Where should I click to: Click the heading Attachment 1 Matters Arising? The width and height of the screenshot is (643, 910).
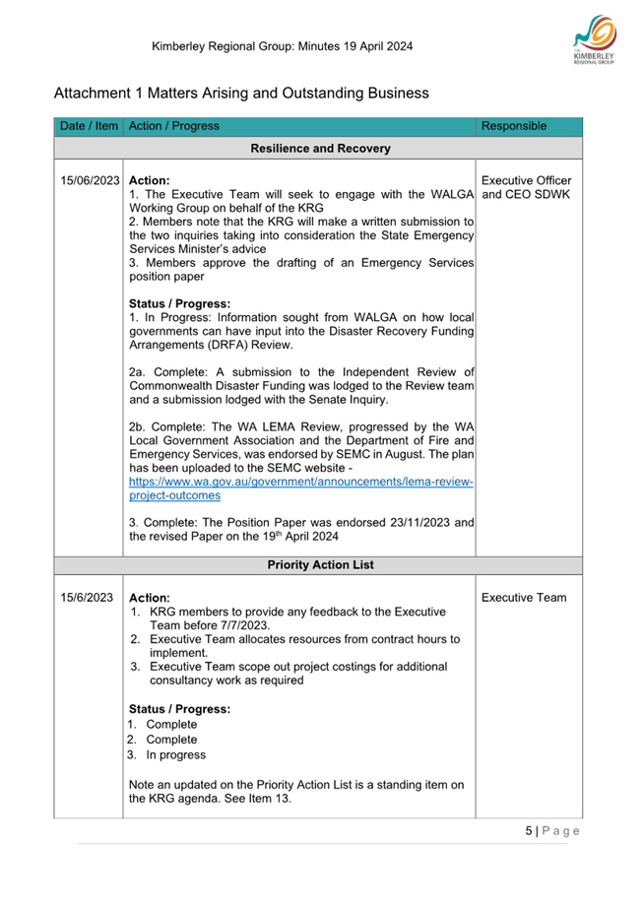241,93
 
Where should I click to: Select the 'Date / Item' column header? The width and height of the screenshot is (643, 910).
89,126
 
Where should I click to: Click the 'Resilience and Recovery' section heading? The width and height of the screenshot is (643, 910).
320,149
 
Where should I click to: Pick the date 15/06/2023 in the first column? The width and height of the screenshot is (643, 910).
90,181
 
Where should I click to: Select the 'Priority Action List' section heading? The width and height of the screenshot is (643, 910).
320,565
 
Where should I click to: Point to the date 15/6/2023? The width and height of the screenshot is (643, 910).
87,598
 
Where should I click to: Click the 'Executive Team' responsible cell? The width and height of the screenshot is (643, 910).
524,598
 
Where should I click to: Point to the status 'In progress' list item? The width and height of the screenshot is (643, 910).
176,754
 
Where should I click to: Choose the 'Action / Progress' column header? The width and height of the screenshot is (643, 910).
173,126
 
